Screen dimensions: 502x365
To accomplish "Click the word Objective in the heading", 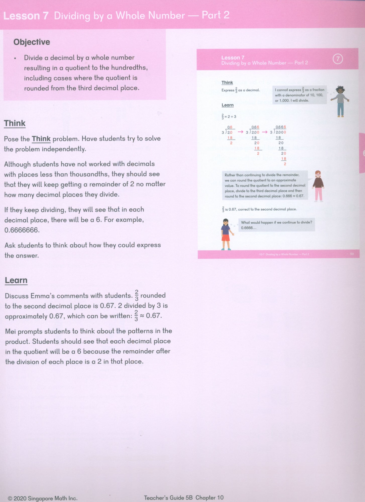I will (x=32, y=42).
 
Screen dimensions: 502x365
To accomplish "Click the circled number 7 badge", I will (x=338, y=59).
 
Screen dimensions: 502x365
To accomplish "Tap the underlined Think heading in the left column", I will (x=15, y=123).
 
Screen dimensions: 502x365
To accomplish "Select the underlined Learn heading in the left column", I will (x=16, y=280).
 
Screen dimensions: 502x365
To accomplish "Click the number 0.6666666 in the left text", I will (x=22, y=230).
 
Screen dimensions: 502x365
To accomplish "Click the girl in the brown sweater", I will (x=318, y=185).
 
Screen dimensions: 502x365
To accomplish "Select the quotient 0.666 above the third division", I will (x=281, y=127).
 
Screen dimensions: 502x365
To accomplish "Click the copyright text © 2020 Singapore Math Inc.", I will (x=43, y=498).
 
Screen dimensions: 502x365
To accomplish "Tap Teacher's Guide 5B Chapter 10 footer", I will (x=184, y=497).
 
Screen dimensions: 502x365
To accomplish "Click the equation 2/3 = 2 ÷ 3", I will (x=229, y=117).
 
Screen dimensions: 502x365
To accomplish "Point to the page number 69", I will (x=352, y=254).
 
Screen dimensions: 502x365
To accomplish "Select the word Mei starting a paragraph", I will (x=10, y=331).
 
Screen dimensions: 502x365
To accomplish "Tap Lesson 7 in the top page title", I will (x=26, y=16).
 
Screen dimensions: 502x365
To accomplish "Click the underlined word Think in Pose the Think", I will (x=41, y=139).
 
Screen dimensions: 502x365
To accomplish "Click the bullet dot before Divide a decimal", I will (x=15, y=58).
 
